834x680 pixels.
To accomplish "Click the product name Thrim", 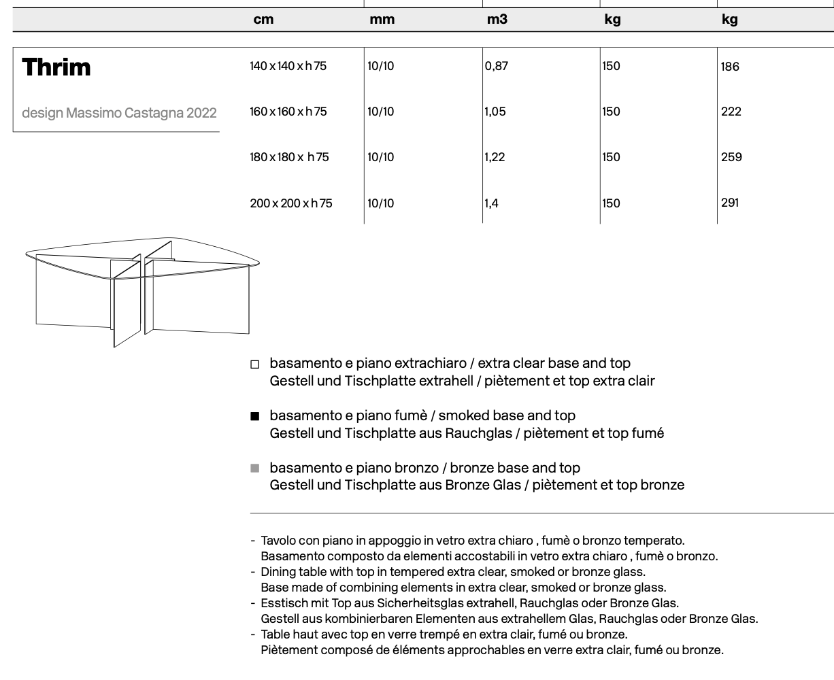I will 56,67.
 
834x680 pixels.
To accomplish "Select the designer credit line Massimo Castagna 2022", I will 119,113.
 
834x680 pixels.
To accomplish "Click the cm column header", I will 263,20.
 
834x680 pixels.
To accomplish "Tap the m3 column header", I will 497,20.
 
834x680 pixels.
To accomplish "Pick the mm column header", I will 382,20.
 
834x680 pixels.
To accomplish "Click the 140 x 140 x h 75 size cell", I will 288,67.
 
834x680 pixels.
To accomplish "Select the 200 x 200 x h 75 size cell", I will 291,203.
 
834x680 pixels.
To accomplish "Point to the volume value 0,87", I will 497,67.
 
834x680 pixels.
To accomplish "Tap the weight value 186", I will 730,67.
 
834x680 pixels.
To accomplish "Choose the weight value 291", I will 730,203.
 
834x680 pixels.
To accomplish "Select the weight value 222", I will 731,112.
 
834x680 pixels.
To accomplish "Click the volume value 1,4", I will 492,203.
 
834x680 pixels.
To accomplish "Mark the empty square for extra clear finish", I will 255,364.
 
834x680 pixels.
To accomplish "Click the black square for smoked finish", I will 255,416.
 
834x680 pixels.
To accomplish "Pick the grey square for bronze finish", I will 255,468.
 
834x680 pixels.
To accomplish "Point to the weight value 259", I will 731,157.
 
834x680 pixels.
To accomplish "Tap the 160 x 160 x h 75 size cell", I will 288,112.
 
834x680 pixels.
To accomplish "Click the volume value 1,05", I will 495,112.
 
